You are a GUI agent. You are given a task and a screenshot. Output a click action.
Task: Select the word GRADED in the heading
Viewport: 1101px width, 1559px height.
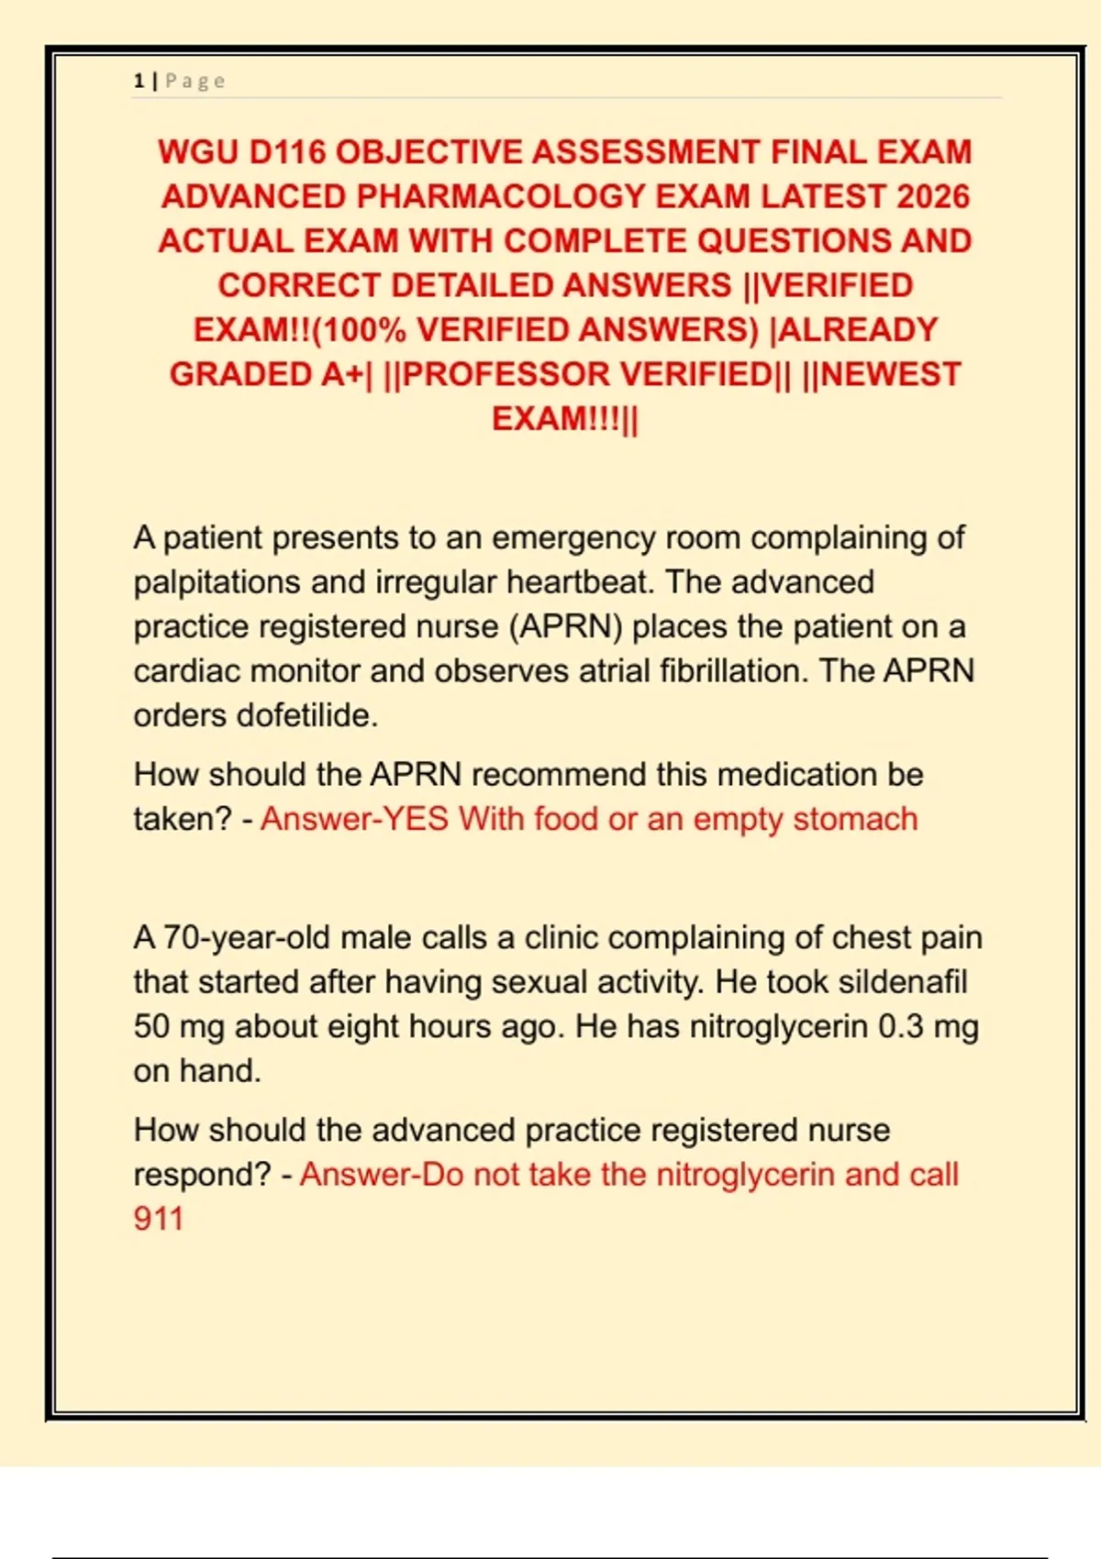[x=240, y=374]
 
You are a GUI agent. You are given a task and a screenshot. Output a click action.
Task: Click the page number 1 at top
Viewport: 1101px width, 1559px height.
[x=139, y=81]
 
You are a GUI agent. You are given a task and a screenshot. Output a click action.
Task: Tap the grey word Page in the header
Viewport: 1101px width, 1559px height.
[x=195, y=81]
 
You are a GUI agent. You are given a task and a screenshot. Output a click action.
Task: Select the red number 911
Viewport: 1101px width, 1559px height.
[x=159, y=1219]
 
